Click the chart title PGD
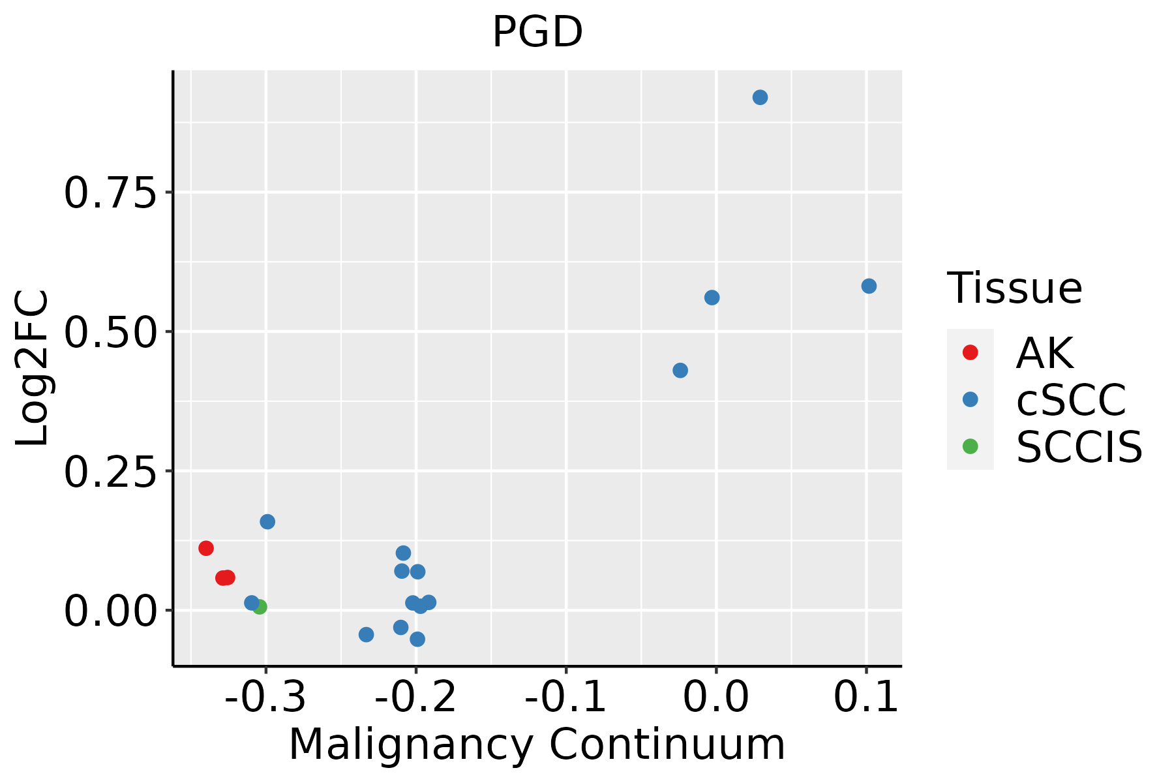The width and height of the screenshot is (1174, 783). pyautogui.click(x=537, y=33)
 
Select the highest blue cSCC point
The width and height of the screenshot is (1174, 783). pyautogui.click(x=760, y=98)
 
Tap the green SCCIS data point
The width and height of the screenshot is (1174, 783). pyautogui.click(x=260, y=607)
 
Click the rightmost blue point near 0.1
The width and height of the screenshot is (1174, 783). pyautogui.click(x=869, y=286)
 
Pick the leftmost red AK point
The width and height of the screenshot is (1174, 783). pyautogui.click(x=206, y=548)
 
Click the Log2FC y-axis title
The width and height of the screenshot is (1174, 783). pyautogui.click(x=33, y=369)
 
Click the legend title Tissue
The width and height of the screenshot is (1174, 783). pyautogui.click(x=1014, y=288)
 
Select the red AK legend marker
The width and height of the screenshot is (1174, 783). pyautogui.click(x=970, y=352)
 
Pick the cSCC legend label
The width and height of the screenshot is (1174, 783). pyautogui.click(x=1071, y=400)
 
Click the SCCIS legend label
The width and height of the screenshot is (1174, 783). pyautogui.click(x=1079, y=448)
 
